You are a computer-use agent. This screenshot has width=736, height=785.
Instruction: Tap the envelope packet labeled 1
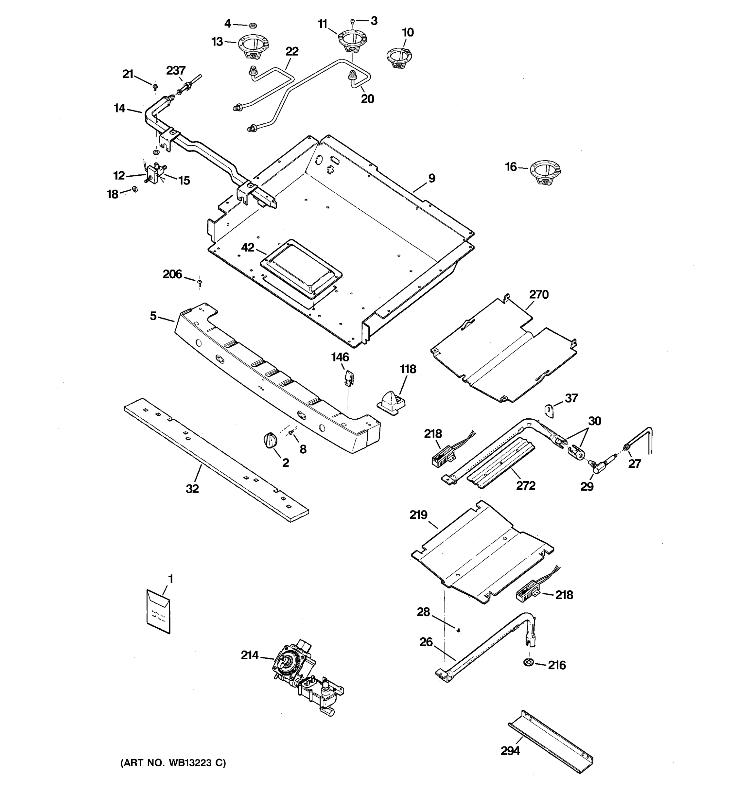coord(158,612)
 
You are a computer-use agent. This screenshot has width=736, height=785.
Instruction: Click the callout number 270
coord(538,295)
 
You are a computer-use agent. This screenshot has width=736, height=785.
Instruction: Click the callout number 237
coord(176,71)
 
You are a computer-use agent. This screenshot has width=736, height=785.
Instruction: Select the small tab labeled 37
coord(549,411)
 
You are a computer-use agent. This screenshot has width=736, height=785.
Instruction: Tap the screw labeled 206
coord(200,282)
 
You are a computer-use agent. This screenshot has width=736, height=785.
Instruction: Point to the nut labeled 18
coord(134,189)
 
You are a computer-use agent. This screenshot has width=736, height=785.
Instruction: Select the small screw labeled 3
coord(353,21)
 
